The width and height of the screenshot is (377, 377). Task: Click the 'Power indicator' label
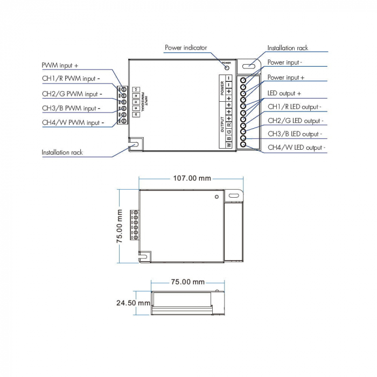tap(186, 48)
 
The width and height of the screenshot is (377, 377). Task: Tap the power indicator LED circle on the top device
tap(227, 67)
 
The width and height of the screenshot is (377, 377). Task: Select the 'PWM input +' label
tap(60, 65)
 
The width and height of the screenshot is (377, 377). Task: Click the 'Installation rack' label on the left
tap(62, 152)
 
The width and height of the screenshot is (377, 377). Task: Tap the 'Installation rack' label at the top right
tap(288, 48)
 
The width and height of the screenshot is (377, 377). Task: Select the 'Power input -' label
tap(285, 62)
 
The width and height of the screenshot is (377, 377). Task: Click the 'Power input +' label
tap(286, 78)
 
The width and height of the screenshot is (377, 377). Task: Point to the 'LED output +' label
tap(284, 93)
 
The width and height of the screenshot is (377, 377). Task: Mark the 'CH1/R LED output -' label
tap(295, 107)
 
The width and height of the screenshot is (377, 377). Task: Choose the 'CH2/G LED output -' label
tap(296, 121)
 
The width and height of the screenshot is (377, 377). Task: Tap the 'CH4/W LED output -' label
tap(296, 147)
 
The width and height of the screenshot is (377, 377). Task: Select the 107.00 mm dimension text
tap(192, 178)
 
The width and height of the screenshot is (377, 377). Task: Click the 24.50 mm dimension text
tap(133, 303)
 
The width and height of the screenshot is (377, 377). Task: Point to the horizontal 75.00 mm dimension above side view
tap(188, 282)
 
